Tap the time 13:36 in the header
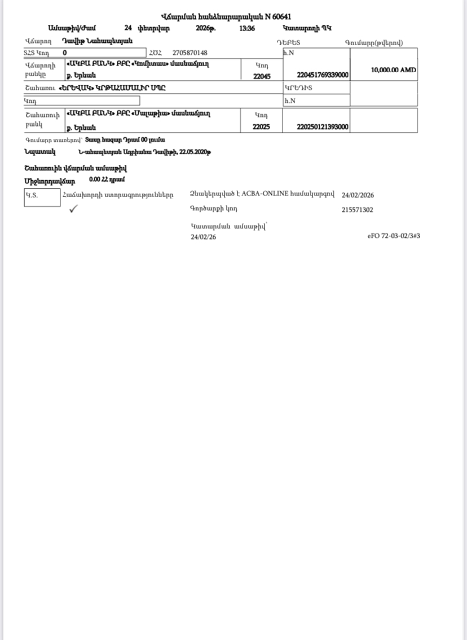pos(247,27)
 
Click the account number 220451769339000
pos(323,74)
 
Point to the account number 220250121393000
pos(323,127)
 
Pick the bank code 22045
pos(262,76)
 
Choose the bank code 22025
pos(262,127)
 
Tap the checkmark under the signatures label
pos(73,209)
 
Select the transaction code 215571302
pos(357,210)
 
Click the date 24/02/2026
pos(358,195)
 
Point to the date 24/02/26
pos(203,237)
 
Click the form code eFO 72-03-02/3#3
pos(393,236)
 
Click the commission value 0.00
pos(94,180)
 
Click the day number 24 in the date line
pos(128,27)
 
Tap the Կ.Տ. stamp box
pos(42,197)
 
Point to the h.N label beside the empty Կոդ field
pos(289,101)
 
